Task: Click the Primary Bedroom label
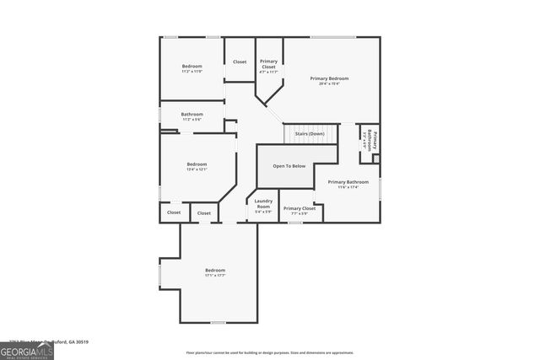point(329,78)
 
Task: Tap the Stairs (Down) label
point(309,134)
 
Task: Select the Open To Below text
point(288,166)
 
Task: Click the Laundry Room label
point(263,203)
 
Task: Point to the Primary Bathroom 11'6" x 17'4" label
point(348,182)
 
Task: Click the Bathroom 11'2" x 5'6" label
point(192,114)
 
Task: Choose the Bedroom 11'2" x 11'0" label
point(192,66)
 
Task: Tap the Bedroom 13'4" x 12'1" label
point(197,164)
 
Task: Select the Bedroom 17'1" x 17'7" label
point(214,271)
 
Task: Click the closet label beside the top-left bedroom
point(240,62)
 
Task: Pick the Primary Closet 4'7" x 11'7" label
point(268,64)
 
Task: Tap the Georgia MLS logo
point(26,350)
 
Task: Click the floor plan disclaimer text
point(270,352)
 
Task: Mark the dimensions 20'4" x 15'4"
point(329,83)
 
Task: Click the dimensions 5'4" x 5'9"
point(263,212)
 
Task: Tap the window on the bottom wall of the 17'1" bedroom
point(218,322)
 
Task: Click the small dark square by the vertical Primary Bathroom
point(375,158)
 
